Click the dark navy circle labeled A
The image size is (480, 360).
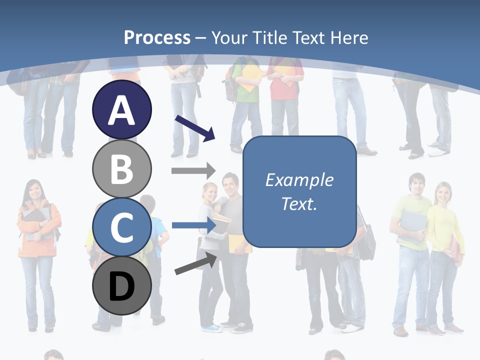click(x=121, y=110)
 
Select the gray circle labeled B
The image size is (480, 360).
click(x=121, y=168)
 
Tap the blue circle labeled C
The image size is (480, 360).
click(x=121, y=227)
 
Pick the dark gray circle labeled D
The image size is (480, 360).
click(x=121, y=286)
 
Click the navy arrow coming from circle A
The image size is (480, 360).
click(x=195, y=128)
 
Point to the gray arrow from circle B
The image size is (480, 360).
click(x=193, y=170)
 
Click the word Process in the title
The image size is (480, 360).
click(x=157, y=37)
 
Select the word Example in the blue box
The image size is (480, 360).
click(x=299, y=180)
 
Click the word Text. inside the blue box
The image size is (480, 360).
click(x=299, y=203)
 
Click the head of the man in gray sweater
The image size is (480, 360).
click(x=230, y=183)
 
